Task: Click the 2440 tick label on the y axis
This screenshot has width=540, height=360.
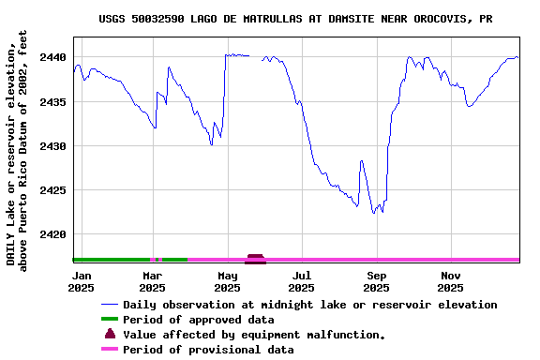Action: click(53, 58)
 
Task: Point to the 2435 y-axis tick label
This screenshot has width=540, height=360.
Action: click(53, 102)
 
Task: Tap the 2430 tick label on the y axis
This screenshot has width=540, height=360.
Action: click(53, 146)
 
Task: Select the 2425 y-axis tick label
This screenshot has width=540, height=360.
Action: click(53, 190)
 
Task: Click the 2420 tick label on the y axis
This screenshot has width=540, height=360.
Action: click(53, 234)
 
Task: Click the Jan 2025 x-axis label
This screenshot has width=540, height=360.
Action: click(82, 281)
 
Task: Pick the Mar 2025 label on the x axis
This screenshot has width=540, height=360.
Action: click(153, 281)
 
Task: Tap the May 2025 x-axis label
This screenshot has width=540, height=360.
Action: click(228, 281)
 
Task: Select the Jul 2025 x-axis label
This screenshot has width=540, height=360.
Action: click(302, 281)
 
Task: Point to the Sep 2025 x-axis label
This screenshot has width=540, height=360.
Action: click(377, 281)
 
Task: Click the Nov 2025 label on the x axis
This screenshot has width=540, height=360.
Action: click(451, 281)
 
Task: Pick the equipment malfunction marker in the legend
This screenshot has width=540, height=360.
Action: click(110, 334)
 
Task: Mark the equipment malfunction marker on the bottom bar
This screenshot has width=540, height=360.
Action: click(255, 258)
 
